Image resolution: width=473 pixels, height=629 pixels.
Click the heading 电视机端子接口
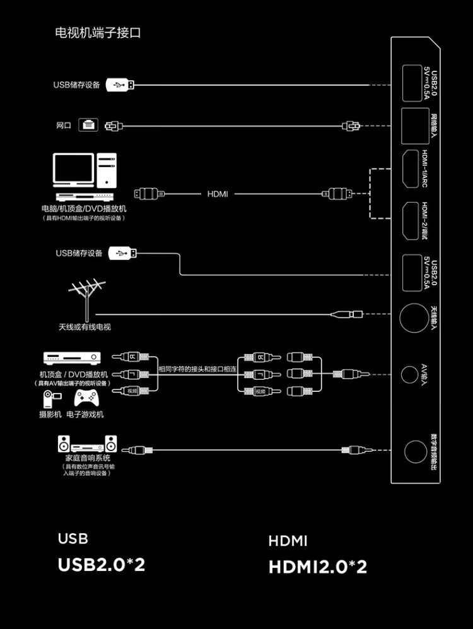(98, 33)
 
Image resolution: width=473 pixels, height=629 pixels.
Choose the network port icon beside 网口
(88, 125)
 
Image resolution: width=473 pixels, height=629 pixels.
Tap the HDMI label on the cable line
(218, 194)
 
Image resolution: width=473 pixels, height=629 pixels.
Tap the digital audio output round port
(414, 452)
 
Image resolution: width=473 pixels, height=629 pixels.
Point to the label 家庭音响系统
(88, 457)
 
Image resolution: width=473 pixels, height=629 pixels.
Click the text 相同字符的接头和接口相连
(197, 369)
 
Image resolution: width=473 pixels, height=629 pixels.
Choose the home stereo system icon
(88, 442)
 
